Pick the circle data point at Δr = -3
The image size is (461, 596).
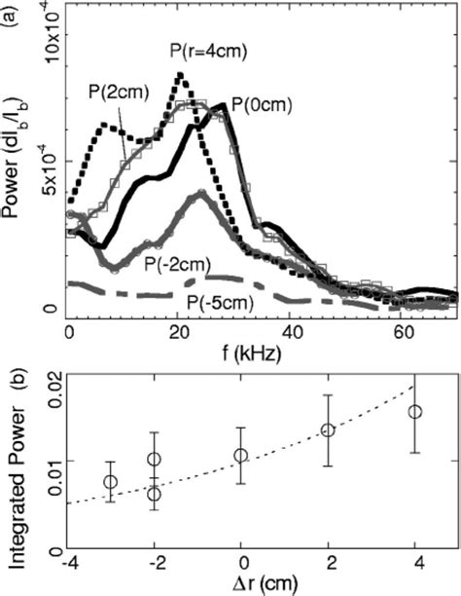pos(111,482)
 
